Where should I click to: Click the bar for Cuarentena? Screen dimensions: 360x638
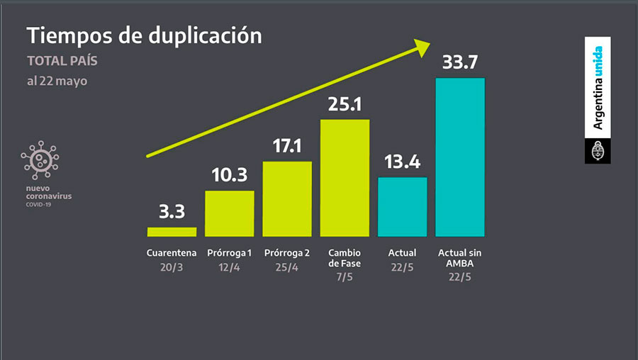coord(172,232)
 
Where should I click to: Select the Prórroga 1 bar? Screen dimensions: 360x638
coord(229,213)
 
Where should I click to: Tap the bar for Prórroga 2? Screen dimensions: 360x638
coord(287,199)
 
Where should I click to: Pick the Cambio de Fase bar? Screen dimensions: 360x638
coord(345,178)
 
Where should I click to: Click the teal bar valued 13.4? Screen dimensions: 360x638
coord(403,206)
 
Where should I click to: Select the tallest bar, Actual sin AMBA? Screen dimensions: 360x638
coord(460,157)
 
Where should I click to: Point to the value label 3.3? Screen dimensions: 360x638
coord(172,212)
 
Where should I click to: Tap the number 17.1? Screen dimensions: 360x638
coord(287,147)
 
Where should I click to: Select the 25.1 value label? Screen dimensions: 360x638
coord(345,104)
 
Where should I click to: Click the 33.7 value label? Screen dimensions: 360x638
coord(460,62)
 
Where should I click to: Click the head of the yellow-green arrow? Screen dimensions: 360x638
coord(422,47)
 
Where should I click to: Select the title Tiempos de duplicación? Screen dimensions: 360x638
coord(144,35)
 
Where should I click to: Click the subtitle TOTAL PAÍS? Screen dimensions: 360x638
coord(62,61)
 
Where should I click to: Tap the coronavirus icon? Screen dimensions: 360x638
coord(40,160)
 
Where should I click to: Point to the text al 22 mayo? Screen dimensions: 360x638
coord(57,81)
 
